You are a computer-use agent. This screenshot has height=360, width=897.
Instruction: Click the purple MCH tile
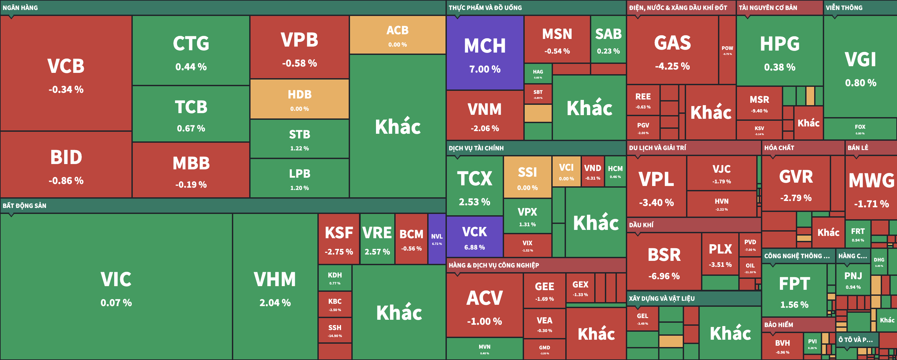485,52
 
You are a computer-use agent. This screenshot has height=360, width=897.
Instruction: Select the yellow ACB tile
397,35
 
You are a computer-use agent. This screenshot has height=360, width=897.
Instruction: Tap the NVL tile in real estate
437,239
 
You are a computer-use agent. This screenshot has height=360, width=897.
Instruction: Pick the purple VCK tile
474,237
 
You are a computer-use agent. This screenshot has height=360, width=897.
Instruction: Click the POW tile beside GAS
727,50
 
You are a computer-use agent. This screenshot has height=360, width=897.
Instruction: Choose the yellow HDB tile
299,99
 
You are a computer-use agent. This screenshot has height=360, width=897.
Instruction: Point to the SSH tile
335,330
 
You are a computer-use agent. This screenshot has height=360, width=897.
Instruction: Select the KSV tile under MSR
759,130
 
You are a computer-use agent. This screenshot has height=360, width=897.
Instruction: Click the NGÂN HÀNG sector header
20,8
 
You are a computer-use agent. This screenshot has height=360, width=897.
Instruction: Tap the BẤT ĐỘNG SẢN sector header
24,205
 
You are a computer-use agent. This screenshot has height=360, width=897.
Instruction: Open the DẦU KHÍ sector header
641,225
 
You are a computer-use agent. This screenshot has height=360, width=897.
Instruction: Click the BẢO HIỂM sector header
779,324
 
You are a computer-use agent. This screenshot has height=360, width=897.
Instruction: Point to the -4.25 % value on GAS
672,66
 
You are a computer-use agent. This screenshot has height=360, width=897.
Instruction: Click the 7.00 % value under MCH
485,69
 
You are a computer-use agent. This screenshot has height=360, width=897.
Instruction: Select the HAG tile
538,74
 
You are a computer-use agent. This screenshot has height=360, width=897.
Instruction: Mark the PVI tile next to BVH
812,343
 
